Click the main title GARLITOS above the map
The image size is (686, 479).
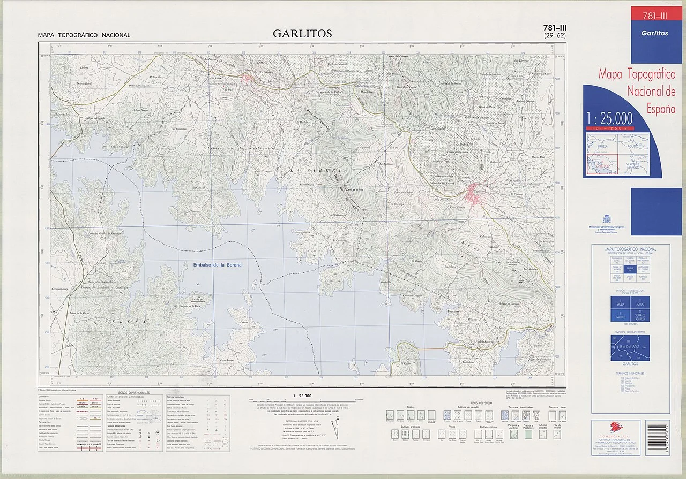tap(302, 34)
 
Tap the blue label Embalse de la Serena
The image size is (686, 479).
tap(218, 265)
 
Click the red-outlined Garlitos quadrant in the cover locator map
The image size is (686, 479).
tap(603, 162)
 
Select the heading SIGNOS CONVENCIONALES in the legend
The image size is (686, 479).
tap(130, 393)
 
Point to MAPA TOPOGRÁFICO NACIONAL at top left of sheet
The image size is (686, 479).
tap(84, 35)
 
